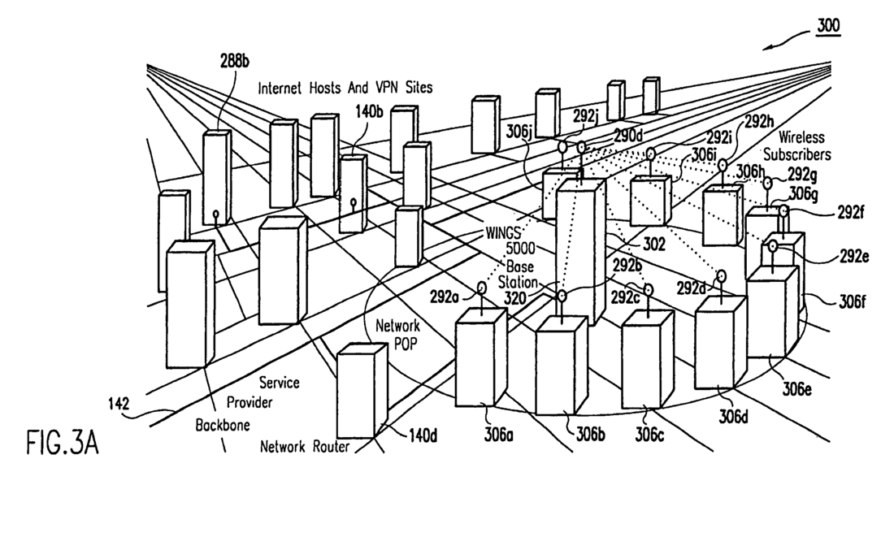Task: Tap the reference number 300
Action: click(827, 25)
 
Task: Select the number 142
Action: click(122, 401)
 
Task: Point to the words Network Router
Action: click(305, 446)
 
